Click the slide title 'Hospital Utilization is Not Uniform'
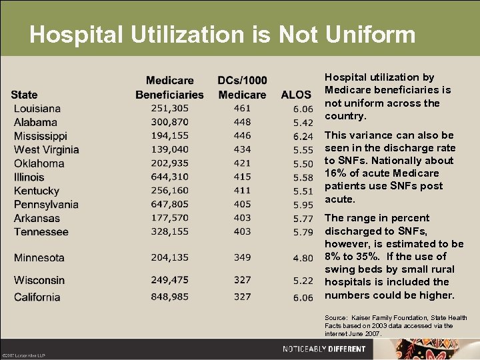pyautogui.click(x=223, y=35)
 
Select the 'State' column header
pyautogui.click(x=25, y=95)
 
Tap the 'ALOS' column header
pyautogui.click(x=297, y=95)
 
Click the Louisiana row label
pyautogui.click(x=37, y=109)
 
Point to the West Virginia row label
pyautogui.click(x=47, y=150)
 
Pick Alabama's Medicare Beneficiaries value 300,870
pyautogui.click(x=169, y=122)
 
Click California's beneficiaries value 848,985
pyautogui.click(x=169, y=297)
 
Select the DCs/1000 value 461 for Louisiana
pyautogui.click(x=242, y=108)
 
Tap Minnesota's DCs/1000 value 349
pyautogui.click(x=242, y=257)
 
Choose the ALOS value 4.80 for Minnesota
pyautogui.click(x=303, y=258)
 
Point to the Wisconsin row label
pyautogui.click(x=39, y=280)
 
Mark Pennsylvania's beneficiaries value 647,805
pyautogui.click(x=169, y=205)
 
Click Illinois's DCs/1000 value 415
pyautogui.click(x=242, y=177)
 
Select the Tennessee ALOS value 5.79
pyautogui.click(x=303, y=232)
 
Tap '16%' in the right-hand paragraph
pyautogui.click(x=335, y=173)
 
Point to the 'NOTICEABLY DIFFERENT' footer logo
pyautogui.click(x=324, y=349)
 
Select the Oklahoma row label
pyautogui.click(x=39, y=163)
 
